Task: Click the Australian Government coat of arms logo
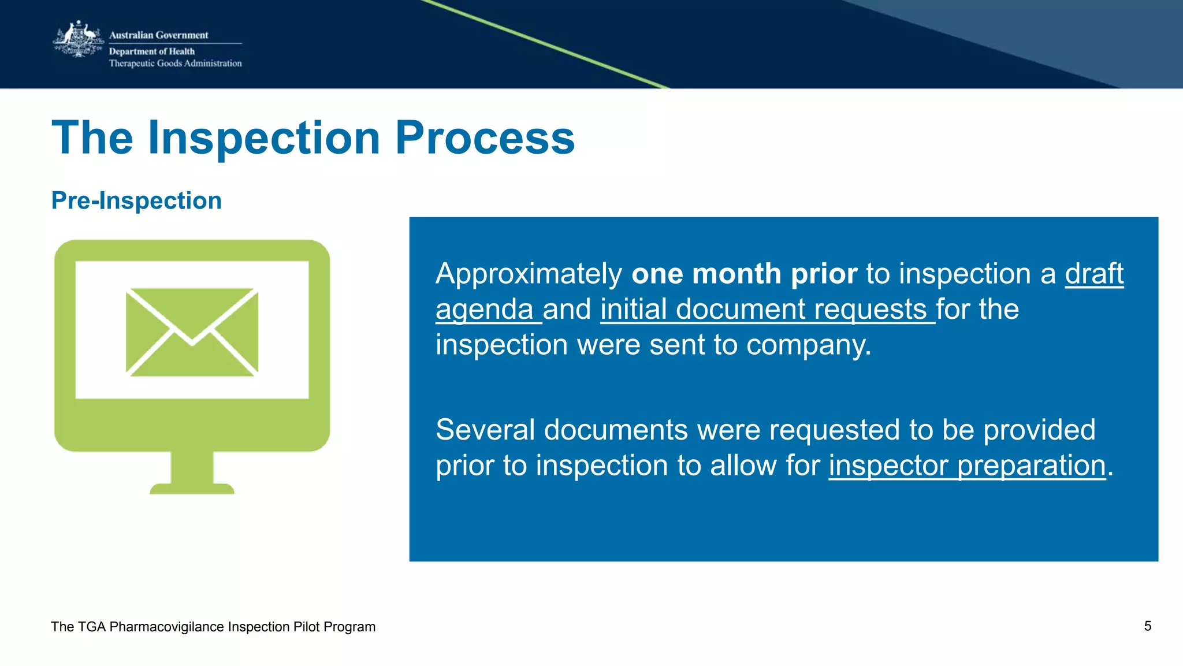click(x=78, y=39)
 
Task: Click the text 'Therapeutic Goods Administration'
click(x=175, y=64)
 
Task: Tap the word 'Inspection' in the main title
click(x=264, y=138)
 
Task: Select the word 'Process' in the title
click(x=485, y=138)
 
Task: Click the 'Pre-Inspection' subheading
click(x=136, y=200)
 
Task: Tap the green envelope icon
click(x=192, y=332)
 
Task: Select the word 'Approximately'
click(x=529, y=274)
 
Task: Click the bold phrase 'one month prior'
click(x=744, y=274)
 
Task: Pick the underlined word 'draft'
click(x=1094, y=274)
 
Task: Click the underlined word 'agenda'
click(x=484, y=310)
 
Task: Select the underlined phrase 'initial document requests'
click(x=764, y=310)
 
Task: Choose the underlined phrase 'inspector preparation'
click(x=966, y=466)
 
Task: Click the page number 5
click(x=1147, y=626)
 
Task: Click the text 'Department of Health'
click(x=152, y=51)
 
